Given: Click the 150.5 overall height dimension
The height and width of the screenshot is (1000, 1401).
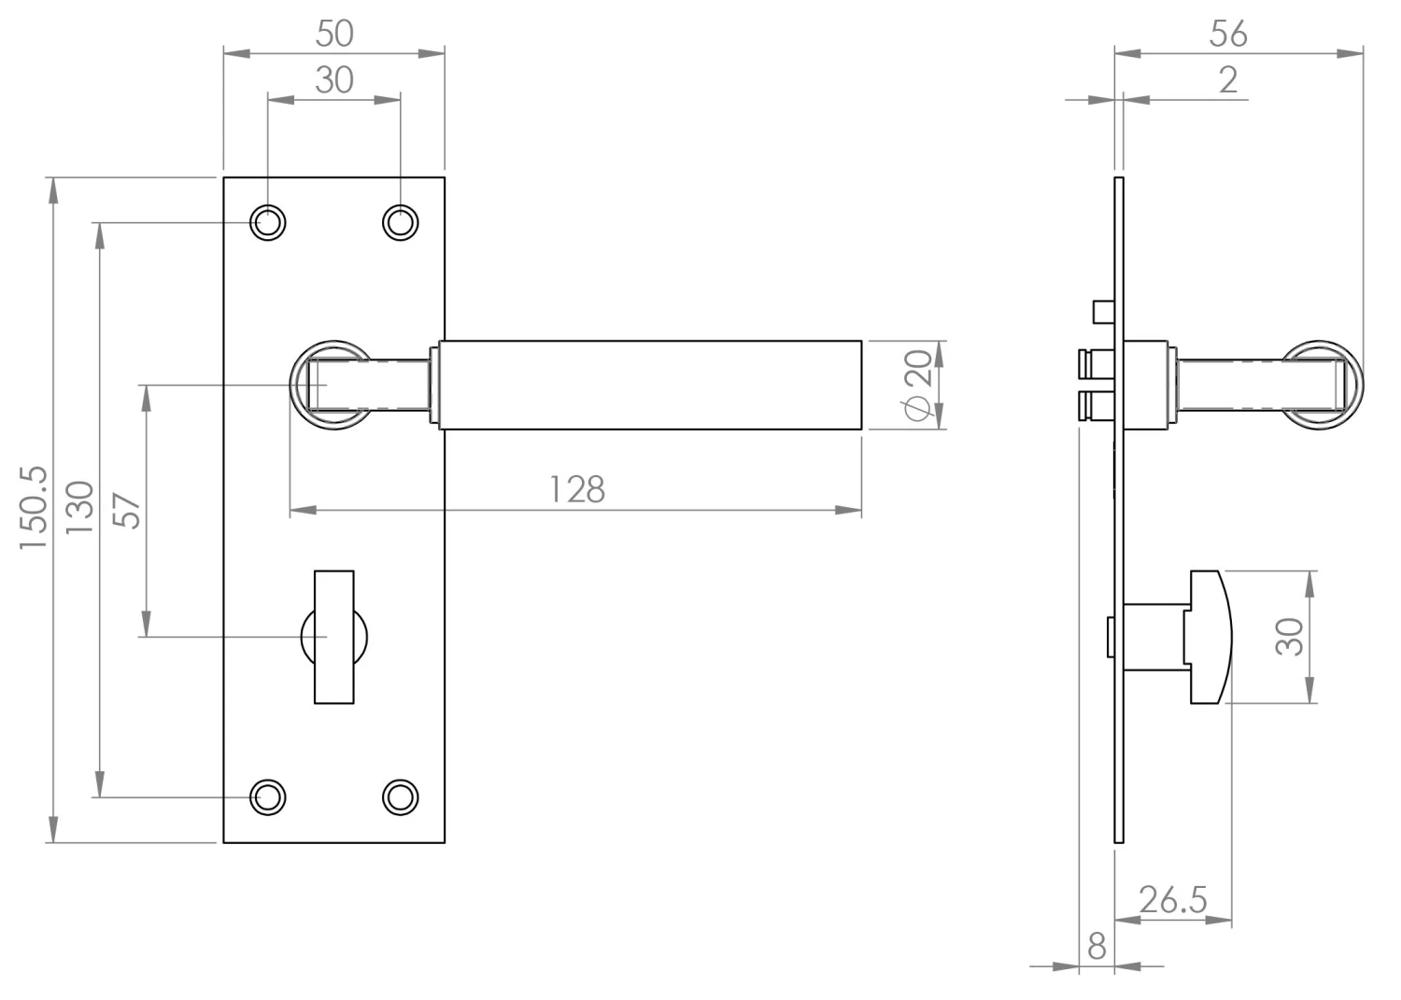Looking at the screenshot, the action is click(x=34, y=508).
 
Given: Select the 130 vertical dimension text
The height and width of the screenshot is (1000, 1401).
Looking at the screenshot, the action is click(x=79, y=508).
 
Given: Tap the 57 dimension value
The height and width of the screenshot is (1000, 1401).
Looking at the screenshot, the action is click(x=127, y=511).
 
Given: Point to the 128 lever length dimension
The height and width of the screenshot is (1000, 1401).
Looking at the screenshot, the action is click(x=576, y=489).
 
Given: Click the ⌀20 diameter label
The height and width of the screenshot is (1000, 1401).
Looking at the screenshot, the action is click(x=917, y=386).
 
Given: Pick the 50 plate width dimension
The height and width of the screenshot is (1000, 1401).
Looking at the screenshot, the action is click(x=334, y=34).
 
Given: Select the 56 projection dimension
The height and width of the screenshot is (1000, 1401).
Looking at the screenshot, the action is click(x=1228, y=34).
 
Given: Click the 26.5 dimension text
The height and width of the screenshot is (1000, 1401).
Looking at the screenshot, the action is click(x=1173, y=900).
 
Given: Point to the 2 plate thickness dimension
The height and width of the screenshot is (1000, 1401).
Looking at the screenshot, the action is click(x=1228, y=80).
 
